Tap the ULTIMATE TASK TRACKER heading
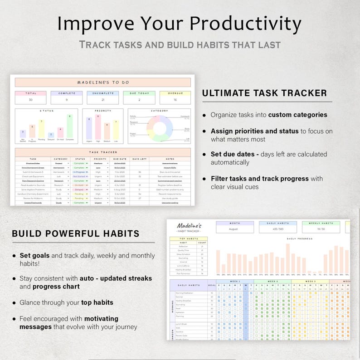coord(264,93)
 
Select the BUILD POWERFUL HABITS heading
coord(76,234)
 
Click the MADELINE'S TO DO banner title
coord(103,83)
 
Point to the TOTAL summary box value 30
coord(31,100)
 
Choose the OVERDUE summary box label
coord(175,93)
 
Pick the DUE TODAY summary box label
coord(139,93)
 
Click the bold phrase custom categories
coord(297,115)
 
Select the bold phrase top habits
coord(97,302)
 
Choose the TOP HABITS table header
coord(189,238)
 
